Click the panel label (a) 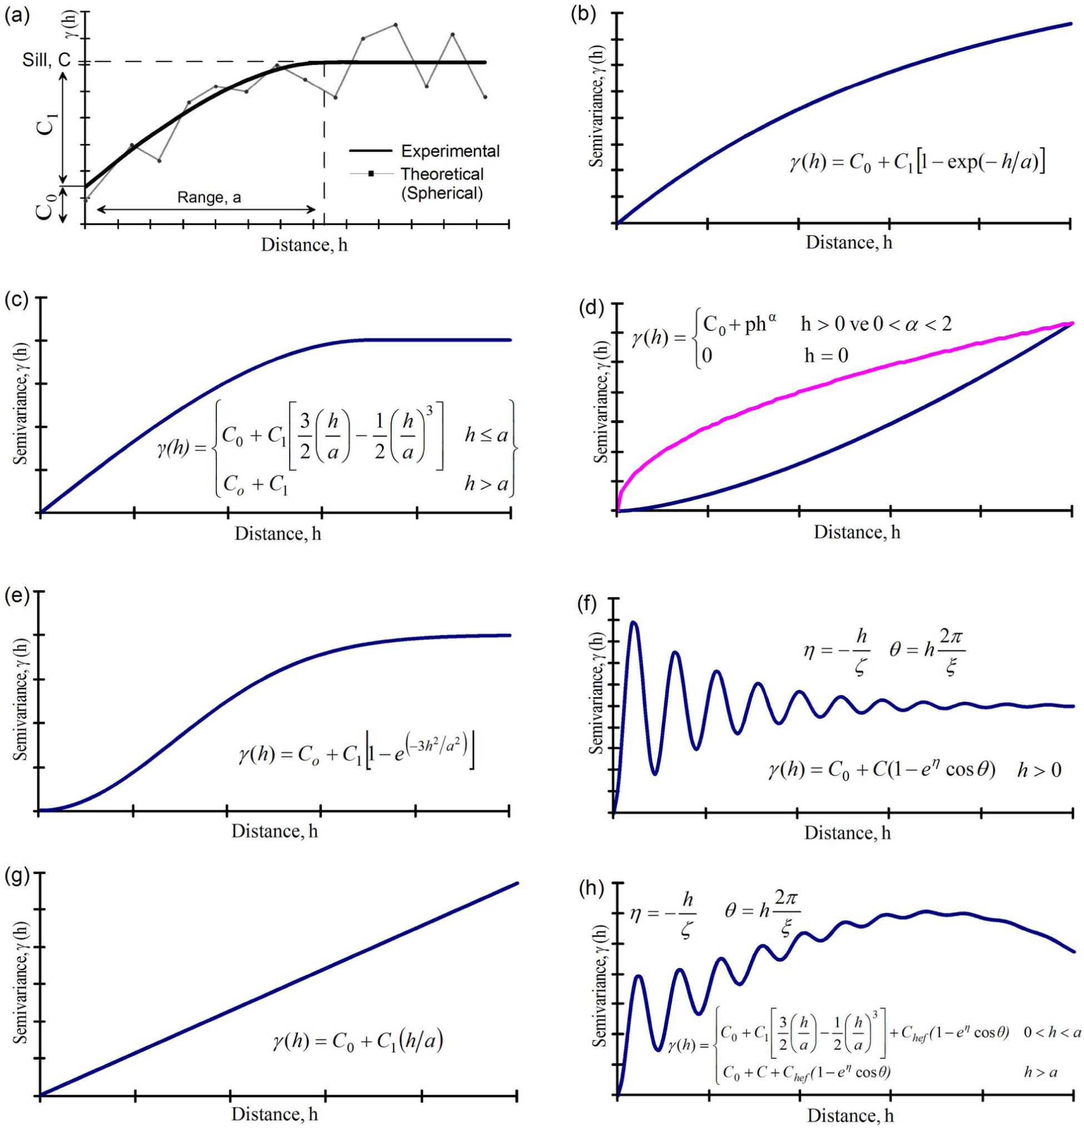pyautogui.click(x=17, y=16)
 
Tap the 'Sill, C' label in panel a pyautogui.click(x=46, y=60)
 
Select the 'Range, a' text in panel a pyautogui.click(x=209, y=198)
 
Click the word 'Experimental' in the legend pyautogui.click(x=450, y=151)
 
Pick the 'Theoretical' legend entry pyautogui.click(x=442, y=174)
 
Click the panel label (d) pyautogui.click(x=592, y=309)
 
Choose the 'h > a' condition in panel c pyautogui.click(x=487, y=485)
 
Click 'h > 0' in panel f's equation pyautogui.click(x=1039, y=770)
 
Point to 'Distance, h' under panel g pyautogui.click(x=275, y=1114)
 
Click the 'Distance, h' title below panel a pyautogui.click(x=304, y=245)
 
